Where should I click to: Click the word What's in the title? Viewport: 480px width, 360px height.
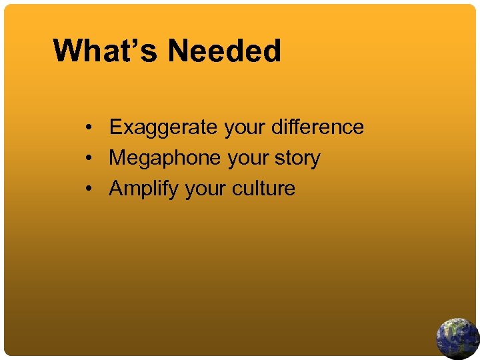click(105, 51)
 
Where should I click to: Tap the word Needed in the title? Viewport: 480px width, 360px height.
click(225, 51)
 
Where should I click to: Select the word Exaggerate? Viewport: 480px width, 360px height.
click(164, 127)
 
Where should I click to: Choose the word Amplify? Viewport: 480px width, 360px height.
click(144, 189)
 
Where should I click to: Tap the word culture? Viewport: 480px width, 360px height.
click(263, 189)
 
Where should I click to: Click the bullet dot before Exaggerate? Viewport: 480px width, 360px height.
click(89, 127)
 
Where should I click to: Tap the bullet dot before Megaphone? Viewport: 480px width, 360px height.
click(89, 159)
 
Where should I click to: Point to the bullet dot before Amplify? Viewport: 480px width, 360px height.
click(89, 189)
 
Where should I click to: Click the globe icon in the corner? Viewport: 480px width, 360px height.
click(457, 338)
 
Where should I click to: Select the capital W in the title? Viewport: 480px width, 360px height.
click(68, 51)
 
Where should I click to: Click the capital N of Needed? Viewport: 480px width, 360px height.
click(179, 51)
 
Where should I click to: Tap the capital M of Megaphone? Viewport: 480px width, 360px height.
click(118, 158)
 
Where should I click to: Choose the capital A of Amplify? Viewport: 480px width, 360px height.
click(117, 189)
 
